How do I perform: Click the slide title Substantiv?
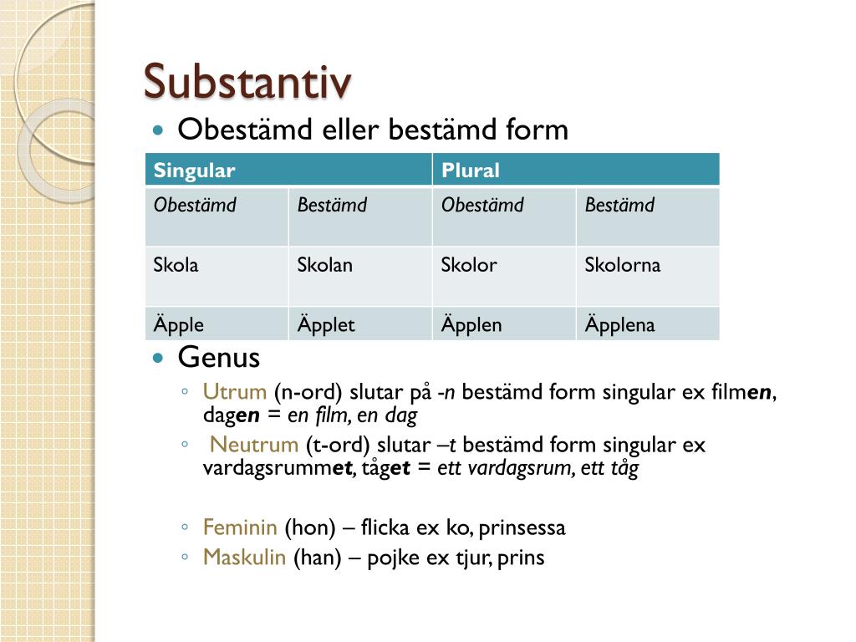(247, 82)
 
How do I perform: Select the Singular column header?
(194, 171)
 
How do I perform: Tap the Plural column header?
(471, 171)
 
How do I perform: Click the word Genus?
(219, 359)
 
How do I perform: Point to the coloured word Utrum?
(234, 392)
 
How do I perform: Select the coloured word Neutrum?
(253, 445)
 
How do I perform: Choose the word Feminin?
(240, 527)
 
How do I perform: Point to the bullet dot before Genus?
(159, 359)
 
